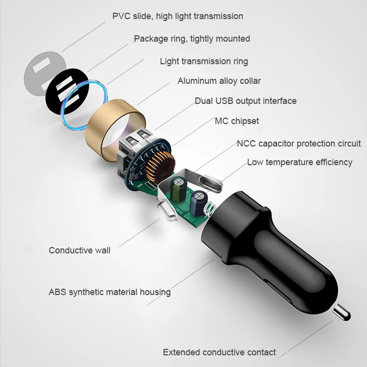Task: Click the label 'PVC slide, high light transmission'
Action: [178, 16]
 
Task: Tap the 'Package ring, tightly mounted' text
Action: [192, 39]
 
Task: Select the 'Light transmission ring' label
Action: [204, 61]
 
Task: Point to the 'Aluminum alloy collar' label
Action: [219, 81]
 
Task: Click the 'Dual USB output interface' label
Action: [246, 101]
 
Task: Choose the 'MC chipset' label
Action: [237, 121]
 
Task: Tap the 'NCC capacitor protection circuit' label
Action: [299, 144]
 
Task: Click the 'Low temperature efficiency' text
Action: [300, 162]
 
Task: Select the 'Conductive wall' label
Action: [79, 250]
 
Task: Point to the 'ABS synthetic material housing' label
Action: [110, 292]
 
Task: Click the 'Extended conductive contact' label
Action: [219, 352]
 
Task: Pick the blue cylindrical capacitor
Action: [199, 203]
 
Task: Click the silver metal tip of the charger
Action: [342, 313]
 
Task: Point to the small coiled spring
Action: [210, 209]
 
